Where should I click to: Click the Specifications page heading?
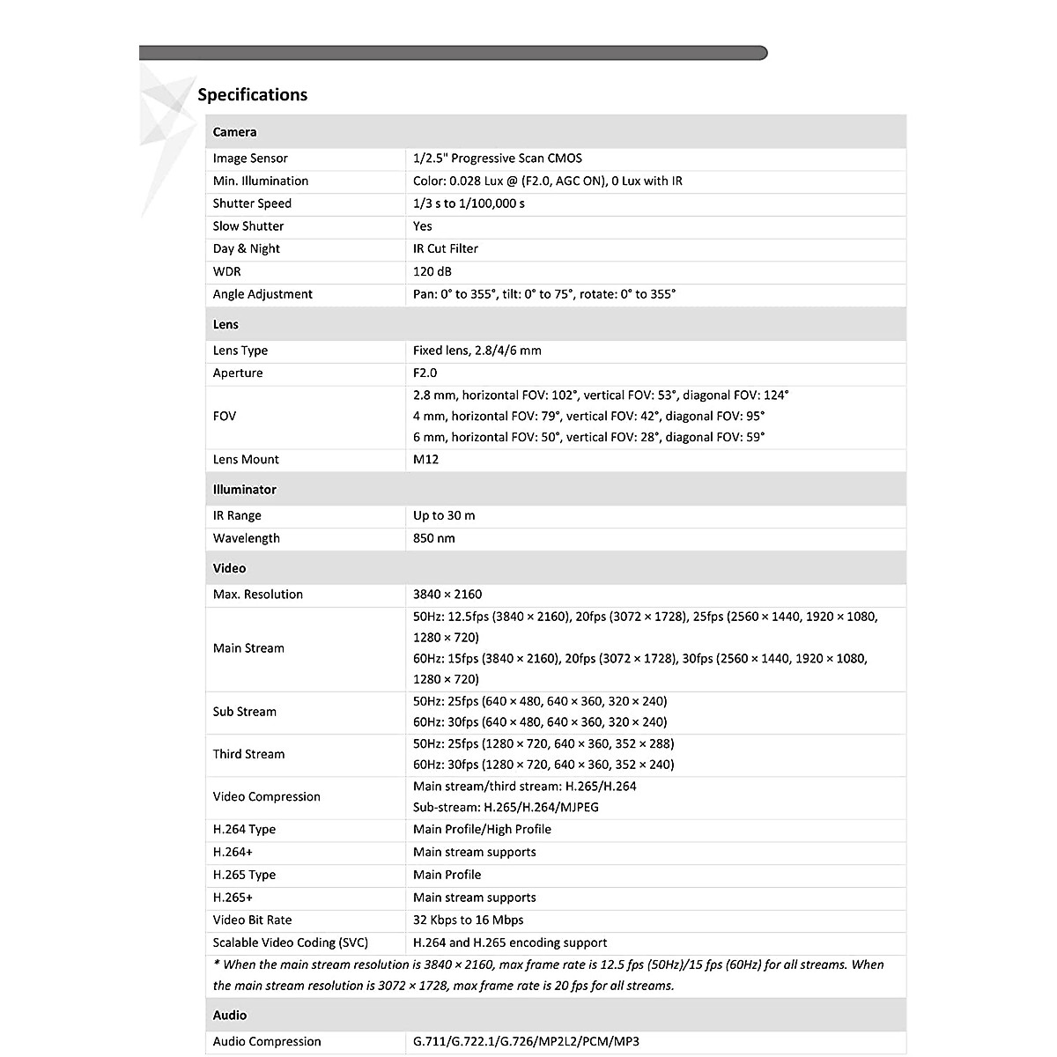(252, 95)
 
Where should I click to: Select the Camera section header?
(234, 132)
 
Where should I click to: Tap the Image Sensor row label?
(250, 159)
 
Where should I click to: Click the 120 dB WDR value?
(432, 271)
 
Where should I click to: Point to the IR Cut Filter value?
(446, 248)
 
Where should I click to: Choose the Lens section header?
(225, 324)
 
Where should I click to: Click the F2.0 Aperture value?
(425, 373)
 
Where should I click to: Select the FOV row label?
(225, 416)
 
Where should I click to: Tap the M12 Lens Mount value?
(425, 459)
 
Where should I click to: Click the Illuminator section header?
(244, 490)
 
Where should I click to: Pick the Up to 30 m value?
(444, 515)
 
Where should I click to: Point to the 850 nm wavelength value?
(433, 538)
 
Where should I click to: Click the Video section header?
(229, 568)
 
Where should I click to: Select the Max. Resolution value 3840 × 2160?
(447, 595)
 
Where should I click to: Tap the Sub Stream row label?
(244, 712)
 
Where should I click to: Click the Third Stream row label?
(248, 754)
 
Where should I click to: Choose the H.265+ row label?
(233, 898)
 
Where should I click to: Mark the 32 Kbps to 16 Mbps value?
(468, 920)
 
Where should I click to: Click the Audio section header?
(229, 1015)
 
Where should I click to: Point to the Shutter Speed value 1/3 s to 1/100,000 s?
(469, 203)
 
